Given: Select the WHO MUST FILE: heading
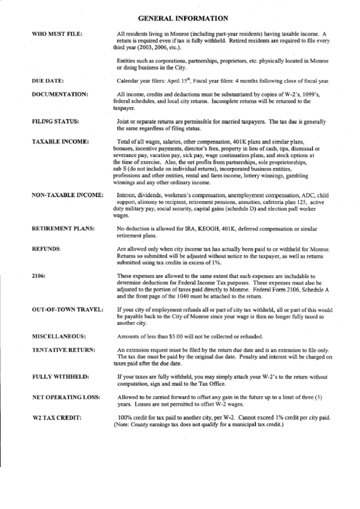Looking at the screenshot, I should (57, 33).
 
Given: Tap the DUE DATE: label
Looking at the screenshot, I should (48, 80).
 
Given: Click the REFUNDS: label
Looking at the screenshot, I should (46, 249).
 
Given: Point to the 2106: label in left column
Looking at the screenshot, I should (39, 276).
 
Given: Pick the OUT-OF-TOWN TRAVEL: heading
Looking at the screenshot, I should (67, 309).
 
